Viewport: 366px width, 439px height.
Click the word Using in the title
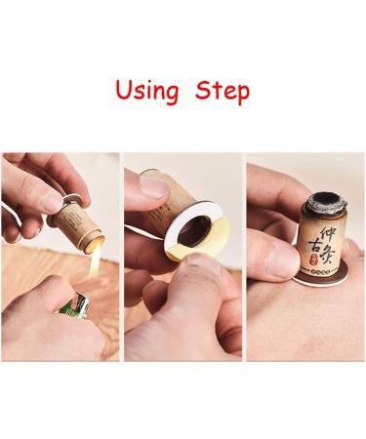click(147, 91)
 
